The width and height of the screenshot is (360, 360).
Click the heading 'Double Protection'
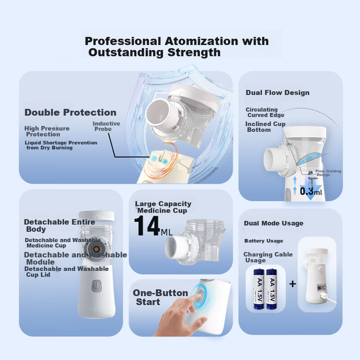tap(70, 112)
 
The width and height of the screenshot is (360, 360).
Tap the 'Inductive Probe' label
tap(106, 126)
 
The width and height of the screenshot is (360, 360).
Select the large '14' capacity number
tap(147, 226)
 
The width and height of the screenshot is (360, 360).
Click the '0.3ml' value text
tap(311, 191)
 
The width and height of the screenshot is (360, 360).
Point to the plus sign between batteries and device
tap(293, 284)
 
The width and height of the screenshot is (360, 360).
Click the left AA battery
tap(257, 288)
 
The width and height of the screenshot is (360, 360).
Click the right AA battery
tap(272, 288)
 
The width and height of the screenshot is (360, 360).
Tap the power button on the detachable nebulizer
tap(95, 286)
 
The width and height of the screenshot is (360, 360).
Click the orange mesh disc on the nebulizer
tap(95, 248)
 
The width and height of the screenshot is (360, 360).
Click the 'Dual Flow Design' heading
tap(277, 93)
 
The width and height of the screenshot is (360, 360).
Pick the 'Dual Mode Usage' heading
tap(274, 223)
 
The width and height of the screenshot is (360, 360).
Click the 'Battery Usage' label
tap(264, 241)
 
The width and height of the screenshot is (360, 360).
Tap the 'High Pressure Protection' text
tap(47, 131)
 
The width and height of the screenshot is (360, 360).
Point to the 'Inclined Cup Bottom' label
tap(265, 127)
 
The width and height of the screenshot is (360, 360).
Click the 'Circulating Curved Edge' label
tap(265, 112)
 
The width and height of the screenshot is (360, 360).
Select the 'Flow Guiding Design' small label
tap(328, 173)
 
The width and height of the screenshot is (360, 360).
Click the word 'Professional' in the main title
tap(122, 41)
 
